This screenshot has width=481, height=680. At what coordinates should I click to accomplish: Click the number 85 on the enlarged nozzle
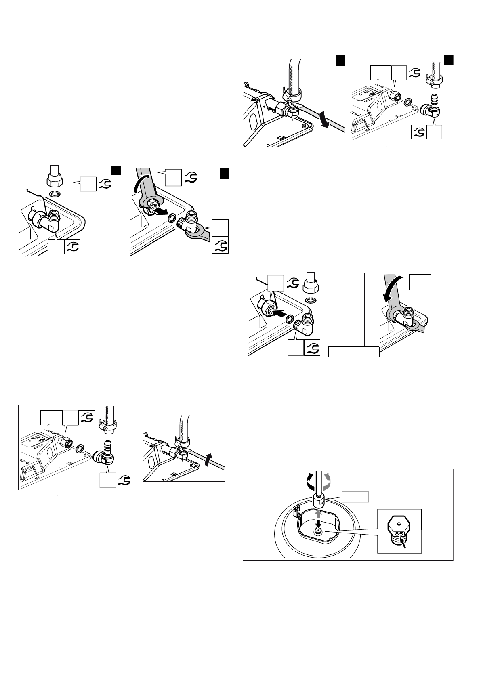point(399,534)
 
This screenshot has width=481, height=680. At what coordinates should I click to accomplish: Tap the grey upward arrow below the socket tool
point(318,513)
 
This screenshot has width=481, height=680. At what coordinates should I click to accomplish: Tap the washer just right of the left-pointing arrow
point(289,319)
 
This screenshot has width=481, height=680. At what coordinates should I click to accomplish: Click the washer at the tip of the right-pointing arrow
point(172,219)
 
